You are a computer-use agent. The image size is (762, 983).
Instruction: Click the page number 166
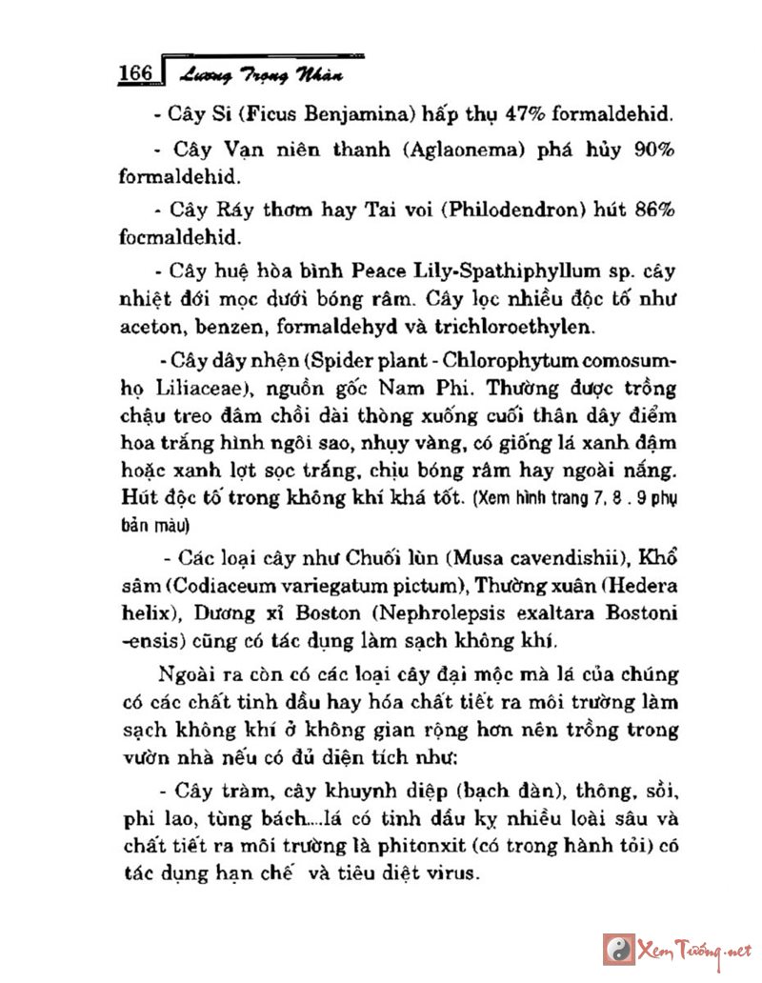[135, 73]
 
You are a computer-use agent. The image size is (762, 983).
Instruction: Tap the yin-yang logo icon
[615, 949]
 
